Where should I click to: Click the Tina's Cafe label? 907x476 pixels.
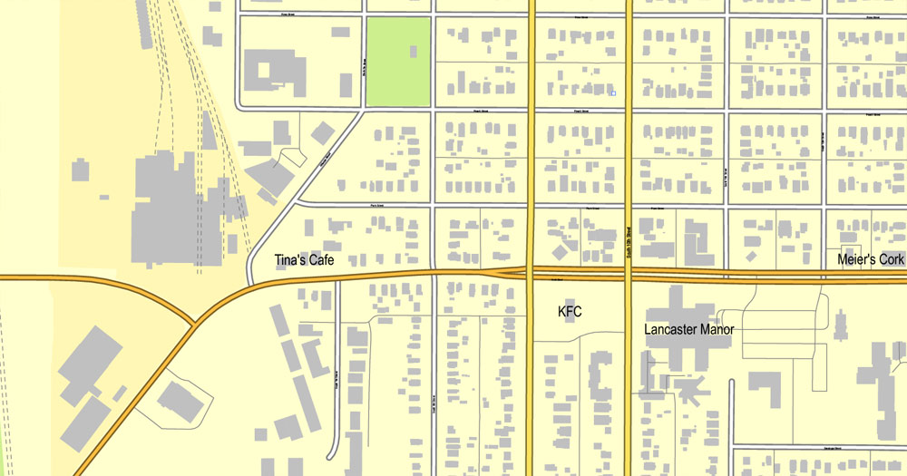coord(305,260)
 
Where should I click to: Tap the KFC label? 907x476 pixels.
coord(570,312)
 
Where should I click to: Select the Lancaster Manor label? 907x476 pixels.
coord(689,329)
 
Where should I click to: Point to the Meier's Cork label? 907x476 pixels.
coord(871,260)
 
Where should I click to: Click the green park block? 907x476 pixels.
coord(397,62)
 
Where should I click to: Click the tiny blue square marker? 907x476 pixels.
coord(614,92)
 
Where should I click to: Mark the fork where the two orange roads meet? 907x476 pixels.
coord(194,323)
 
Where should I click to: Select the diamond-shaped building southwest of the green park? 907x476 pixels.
coord(322,132)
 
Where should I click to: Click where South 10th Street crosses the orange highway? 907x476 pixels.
coord(628,272)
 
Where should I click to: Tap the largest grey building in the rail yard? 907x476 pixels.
coord(177,209)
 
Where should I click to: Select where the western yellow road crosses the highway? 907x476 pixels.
coord(531,272)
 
